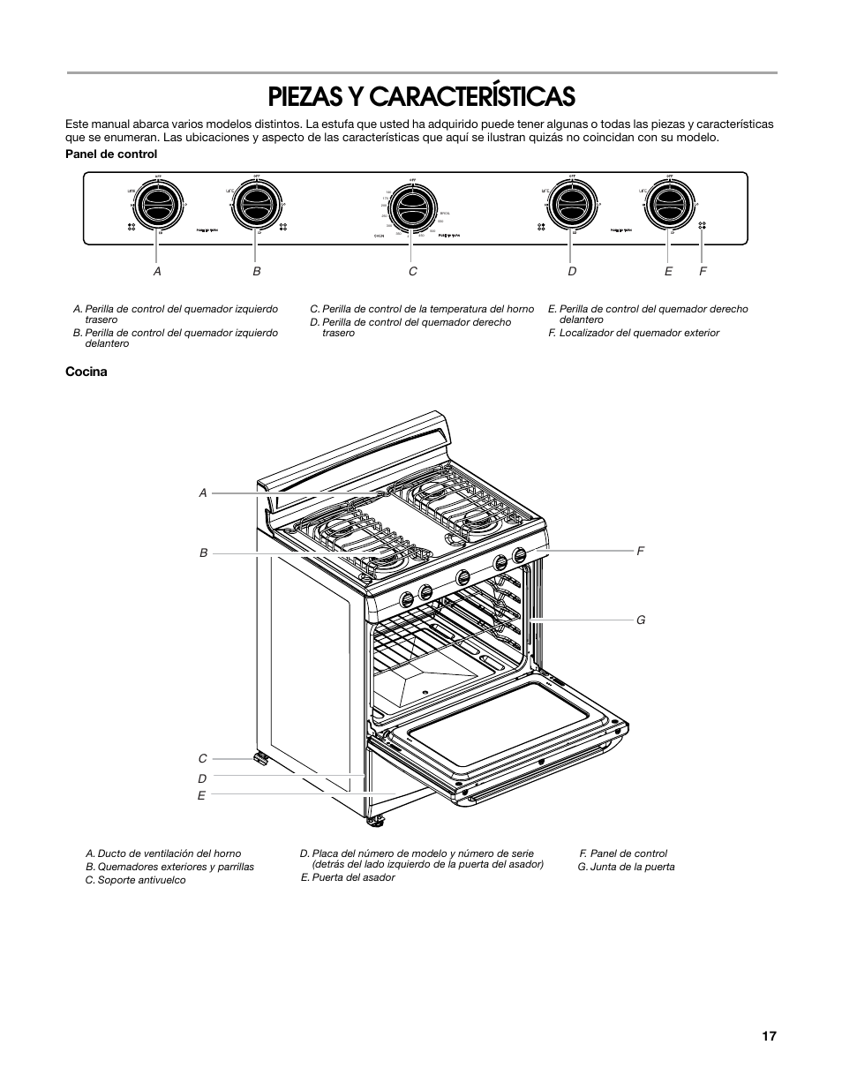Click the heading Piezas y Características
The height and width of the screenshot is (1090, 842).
[422, 95]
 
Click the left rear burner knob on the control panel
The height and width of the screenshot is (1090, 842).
[158, 207]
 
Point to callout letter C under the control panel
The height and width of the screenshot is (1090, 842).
[412, 271]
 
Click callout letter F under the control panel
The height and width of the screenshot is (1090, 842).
[703, 271]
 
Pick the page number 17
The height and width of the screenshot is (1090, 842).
[770, 1036]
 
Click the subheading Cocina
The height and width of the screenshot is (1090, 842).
[86, 372]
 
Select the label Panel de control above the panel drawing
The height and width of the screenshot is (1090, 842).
[111, 154]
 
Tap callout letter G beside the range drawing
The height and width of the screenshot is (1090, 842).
[642, 620]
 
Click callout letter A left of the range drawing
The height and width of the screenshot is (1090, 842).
[203, 493]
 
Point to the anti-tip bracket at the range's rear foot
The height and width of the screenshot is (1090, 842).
[260, 758]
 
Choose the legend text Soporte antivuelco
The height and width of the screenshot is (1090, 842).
[141, 880]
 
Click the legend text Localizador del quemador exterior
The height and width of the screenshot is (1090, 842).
[639, 333]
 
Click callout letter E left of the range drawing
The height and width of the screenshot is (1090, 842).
[201, 795]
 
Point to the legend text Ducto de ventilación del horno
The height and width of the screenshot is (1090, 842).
[169, 853]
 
